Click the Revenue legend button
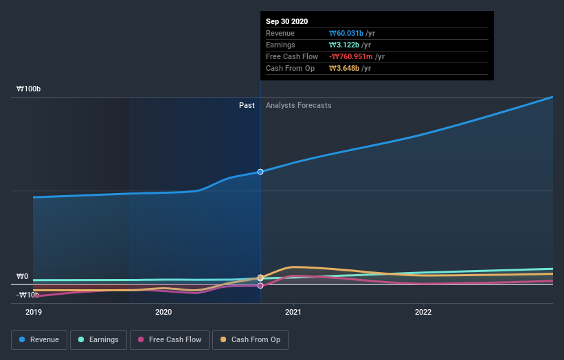click(x=40, y=339)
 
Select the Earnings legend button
click(x=99, y=339)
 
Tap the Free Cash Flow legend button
click(x=170, y=339)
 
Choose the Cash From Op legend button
click(x=251, y=339)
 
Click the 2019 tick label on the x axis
click(x=33, y=311)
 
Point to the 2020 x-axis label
click(x=163, y=311)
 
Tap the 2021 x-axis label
click(x=293, y=311)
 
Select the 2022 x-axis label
click(x=423, y=311)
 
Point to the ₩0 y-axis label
click(x=22, y=277)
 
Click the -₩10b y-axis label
click(x=27, y=295)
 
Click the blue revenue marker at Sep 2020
click(x=260, y=172)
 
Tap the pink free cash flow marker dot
click(x=260, y=285)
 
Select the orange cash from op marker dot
click(x=260, y=278)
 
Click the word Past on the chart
click(x=247, y=105)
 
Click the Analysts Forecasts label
click(x=298, y=105)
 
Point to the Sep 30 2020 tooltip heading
click(x=287, y=21)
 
